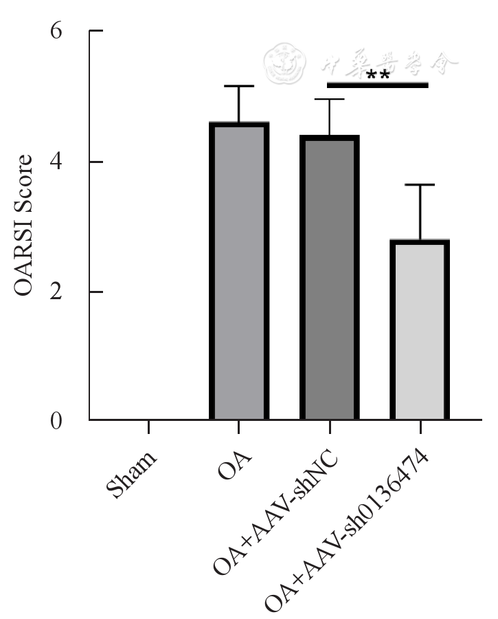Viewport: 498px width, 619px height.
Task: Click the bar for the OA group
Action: [239, 271]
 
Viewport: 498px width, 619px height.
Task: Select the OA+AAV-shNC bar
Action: [330, 278]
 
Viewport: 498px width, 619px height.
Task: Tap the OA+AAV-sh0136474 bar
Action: [420, 329]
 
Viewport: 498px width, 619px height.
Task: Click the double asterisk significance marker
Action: [378, 75]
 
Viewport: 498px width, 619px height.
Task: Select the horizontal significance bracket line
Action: [378, 85]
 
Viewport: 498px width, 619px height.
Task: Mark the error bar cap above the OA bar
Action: [239, 86]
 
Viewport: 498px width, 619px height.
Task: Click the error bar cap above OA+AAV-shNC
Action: [330, 100]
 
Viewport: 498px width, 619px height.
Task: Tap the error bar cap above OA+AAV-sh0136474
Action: [420, 185]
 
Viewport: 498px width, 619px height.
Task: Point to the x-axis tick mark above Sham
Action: [148, 427]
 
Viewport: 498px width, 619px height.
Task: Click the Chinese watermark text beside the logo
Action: [389, 64]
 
